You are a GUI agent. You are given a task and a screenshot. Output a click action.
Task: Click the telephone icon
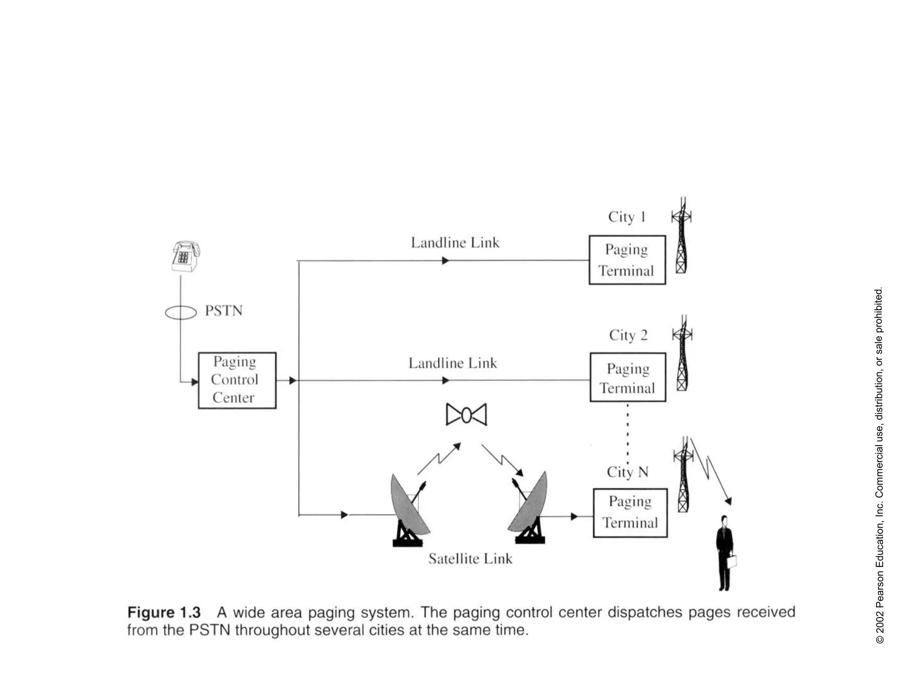tap(185, 256)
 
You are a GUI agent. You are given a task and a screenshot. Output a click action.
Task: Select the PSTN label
tap(223, 311)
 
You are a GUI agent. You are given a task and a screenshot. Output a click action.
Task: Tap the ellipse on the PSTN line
tap(180, 312)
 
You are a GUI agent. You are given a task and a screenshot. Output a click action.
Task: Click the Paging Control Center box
tap(237, 380)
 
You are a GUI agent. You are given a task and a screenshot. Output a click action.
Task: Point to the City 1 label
tap(626, 217)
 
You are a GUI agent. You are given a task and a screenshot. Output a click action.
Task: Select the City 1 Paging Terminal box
tap(627, 260)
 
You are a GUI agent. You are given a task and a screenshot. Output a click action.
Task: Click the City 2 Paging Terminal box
tap(628, 377)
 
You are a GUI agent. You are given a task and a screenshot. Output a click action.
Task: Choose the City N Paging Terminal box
tap(630, 512)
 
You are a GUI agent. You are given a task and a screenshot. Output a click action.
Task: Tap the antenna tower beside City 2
tap(682, 354)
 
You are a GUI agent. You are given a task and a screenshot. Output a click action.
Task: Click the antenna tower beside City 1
tap(681, 236)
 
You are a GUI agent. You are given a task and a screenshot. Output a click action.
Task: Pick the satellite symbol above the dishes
tap(466, 414)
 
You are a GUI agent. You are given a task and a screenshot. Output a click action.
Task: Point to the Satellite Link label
tap(470, 559)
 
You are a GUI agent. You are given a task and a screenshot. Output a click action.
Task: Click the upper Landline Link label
tap(455, 243)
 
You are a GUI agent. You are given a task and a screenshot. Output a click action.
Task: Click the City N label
tap(627, 472)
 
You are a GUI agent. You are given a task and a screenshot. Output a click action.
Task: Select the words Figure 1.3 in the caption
tap(164, 612)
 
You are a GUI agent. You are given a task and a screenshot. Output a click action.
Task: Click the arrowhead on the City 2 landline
tap(446, 380)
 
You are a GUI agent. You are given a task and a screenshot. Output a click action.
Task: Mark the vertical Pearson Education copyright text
tap(879, 466)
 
